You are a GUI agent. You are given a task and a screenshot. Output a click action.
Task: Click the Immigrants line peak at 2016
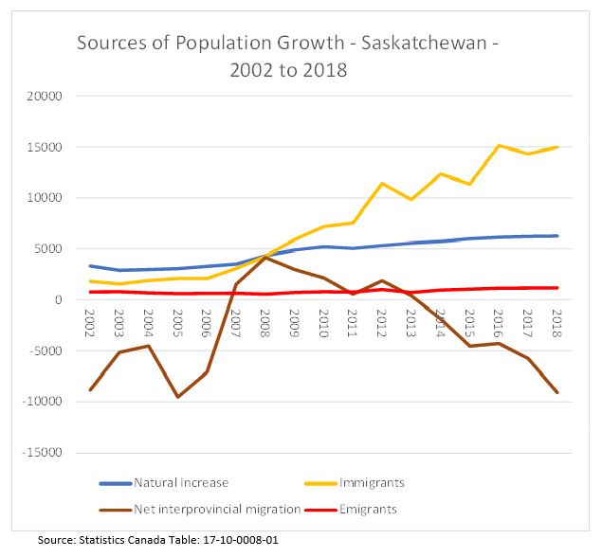[499, 146]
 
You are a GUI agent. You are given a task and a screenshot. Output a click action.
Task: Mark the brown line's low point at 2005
[177, 397]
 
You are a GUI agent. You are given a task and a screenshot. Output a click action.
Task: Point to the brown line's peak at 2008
[265, 257]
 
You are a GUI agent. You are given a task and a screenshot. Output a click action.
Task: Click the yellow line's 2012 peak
[382, 184]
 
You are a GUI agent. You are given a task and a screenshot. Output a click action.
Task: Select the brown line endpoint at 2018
[556, 392]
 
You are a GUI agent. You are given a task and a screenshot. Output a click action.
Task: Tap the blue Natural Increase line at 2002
[90, 266]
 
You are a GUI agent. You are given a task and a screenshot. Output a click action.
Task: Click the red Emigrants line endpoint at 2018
[556, 288]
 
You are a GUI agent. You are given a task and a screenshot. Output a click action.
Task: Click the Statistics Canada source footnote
[158, 541]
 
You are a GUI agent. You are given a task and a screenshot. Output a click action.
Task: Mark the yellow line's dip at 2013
[410, 200]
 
